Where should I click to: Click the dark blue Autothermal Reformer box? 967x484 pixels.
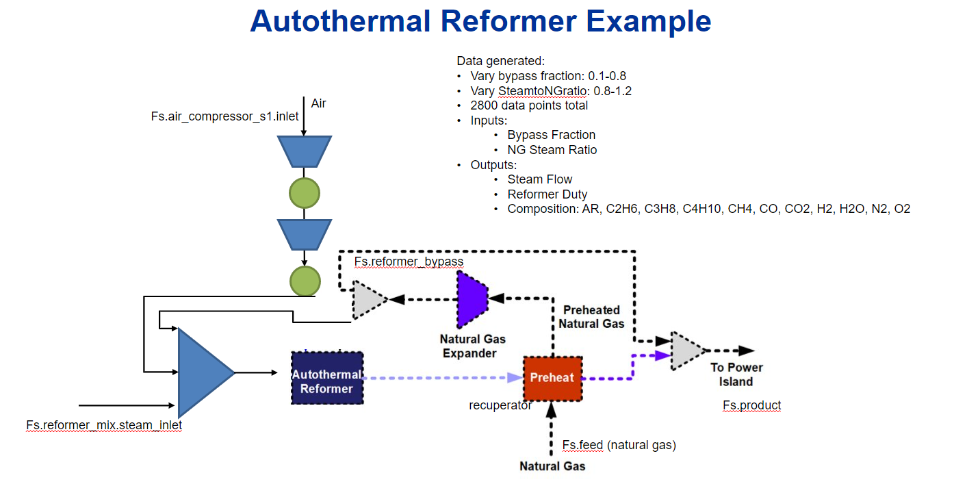coord(327,377)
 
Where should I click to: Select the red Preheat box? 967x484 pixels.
coord(552,378)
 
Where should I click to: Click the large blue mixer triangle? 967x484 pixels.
coord(203,373)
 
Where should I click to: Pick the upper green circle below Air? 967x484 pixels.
coord(305,193)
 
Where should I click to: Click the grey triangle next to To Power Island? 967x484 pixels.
coord(686,351)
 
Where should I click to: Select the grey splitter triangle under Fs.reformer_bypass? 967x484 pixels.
coord(368,299)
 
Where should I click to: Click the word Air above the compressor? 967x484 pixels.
coord(318,103)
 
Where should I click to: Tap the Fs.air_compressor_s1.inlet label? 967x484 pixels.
coord(224,116)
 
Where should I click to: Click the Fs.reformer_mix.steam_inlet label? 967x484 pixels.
coord(104,425)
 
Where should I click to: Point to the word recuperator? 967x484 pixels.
coord(500,405)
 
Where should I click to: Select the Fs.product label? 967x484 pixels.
coord(751,405)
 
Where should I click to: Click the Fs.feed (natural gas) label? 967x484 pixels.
coord(619,445)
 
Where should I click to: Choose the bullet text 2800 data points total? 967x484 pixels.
coord(529,105)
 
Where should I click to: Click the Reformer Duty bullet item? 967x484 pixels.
coord(547,194)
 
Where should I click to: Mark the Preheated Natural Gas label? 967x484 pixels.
coord(591,316)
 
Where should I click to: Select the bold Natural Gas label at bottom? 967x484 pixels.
coord(552,466)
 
